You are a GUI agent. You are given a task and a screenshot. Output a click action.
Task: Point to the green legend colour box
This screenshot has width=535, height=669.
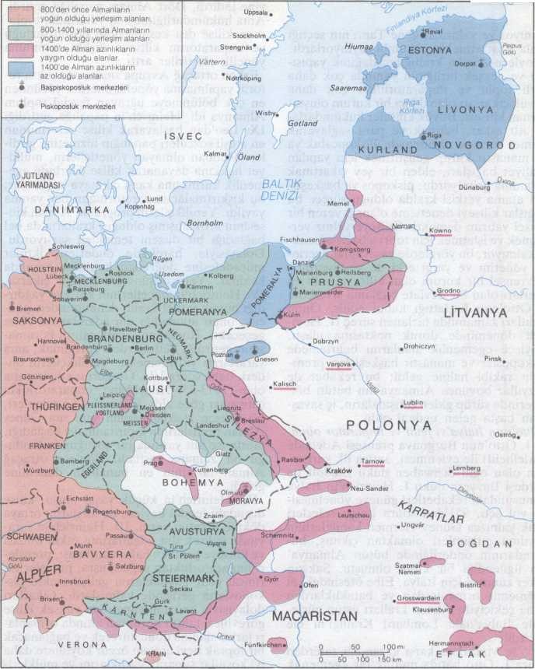15,32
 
